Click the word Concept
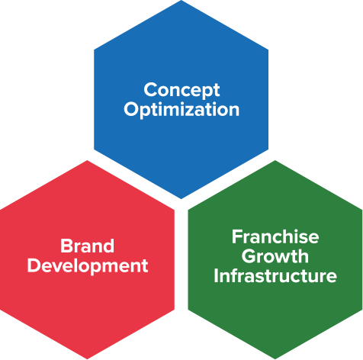pos(181,90)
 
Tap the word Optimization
pos(181,110)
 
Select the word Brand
pos(87,246)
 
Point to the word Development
pos(88,266)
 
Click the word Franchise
pos(275,236)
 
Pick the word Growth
pos(275,256)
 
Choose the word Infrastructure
pos(275,275)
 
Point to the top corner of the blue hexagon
pos(181,0)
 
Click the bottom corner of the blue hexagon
pos(181,199)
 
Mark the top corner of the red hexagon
pos(87,160)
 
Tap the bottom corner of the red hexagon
pos(87,359)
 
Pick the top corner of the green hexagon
pos(275,160)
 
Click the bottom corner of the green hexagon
pos(275,359)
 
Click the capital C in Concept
pos(150,89)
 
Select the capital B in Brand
pos(66,246)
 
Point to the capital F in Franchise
pos(236,236)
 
